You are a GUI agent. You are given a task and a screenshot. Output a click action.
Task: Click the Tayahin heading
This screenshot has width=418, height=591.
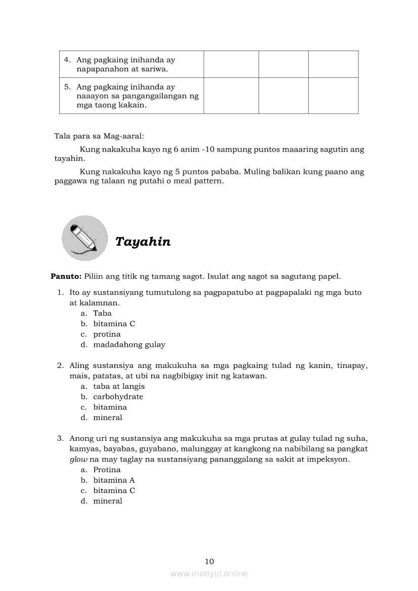click(143, 242)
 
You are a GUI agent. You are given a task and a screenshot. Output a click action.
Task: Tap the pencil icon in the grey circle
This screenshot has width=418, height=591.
click(85, 238)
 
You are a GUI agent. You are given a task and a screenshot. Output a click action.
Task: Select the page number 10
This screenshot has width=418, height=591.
click(210, 561)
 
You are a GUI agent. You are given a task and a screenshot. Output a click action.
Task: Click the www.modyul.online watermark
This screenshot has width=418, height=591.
click(209, 573)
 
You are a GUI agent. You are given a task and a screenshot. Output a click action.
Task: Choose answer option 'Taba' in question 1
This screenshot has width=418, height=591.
click(102, 313)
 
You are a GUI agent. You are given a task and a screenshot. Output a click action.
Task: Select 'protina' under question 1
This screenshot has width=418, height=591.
click(107, 334)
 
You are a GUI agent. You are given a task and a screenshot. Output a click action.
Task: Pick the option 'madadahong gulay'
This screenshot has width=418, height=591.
click(129, 345)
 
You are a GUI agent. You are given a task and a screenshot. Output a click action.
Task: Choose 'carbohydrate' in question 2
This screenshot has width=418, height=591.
click(118, 397)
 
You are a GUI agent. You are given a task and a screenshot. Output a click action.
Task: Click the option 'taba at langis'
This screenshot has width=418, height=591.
click(119, 386)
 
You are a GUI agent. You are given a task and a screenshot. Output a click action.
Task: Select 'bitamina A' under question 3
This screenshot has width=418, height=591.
click(114, 480)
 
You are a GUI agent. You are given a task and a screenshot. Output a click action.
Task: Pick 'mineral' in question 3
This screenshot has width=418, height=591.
click(108, 501)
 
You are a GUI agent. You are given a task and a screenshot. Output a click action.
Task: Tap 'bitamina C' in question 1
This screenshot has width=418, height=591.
click(114, 324)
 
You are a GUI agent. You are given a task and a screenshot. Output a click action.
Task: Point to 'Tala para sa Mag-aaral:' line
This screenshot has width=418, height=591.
click(99, 136)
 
